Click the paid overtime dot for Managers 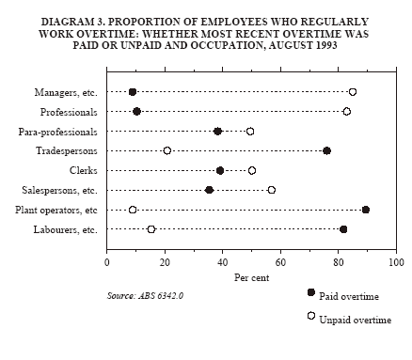[133, 92]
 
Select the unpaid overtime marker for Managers [353, 92]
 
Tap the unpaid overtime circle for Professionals [347, 111]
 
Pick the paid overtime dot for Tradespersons [327, 150]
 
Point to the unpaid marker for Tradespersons [167, 150]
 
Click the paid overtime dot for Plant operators [366, 210]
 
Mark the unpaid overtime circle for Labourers [151, 229]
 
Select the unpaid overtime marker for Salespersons [272, 190]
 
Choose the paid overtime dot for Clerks [220, 170]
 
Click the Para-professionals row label [58, 132]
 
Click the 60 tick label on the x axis [280, 262]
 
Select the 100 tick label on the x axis [396, 262]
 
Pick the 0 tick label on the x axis [107, 262]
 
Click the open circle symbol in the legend [311, 316]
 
